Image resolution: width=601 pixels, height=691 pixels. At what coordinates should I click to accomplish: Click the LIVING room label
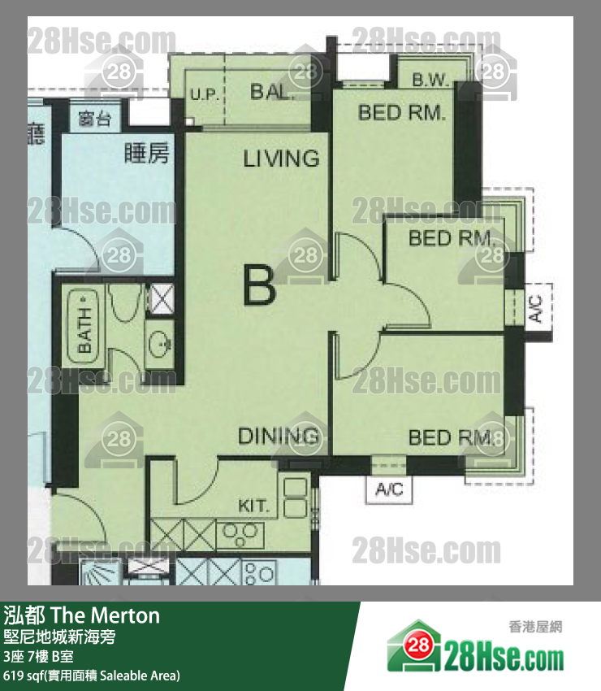(281, 158)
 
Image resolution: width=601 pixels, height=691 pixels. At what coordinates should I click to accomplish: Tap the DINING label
(278, 437)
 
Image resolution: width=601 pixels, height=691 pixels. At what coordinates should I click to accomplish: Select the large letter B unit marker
(259, 286)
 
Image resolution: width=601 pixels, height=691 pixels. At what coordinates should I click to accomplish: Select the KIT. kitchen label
(253, 506)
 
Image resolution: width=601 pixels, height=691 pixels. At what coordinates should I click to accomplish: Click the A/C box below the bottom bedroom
(389, 489)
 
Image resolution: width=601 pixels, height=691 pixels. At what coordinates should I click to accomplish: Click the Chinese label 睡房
(147, 153)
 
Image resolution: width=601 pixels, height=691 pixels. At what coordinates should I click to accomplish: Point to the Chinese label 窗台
(94, 120)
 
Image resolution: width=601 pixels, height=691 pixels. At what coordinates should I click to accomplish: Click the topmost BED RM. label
(401, 112)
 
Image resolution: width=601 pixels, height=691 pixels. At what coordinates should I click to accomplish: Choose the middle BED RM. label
(452, 238)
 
